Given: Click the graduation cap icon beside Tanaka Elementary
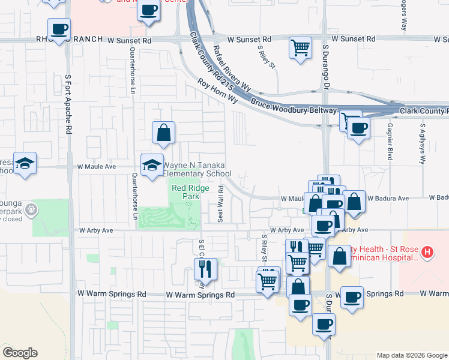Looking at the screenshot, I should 152,165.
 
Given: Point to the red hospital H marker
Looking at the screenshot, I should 427,252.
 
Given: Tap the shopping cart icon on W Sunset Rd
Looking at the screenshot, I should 300,47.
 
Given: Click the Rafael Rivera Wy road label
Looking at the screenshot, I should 231,65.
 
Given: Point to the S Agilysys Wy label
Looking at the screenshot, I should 423,145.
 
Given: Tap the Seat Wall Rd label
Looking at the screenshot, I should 221,204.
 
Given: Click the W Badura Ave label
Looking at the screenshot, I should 388,197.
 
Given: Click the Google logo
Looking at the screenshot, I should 20,352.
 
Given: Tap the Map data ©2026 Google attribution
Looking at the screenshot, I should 411,355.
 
